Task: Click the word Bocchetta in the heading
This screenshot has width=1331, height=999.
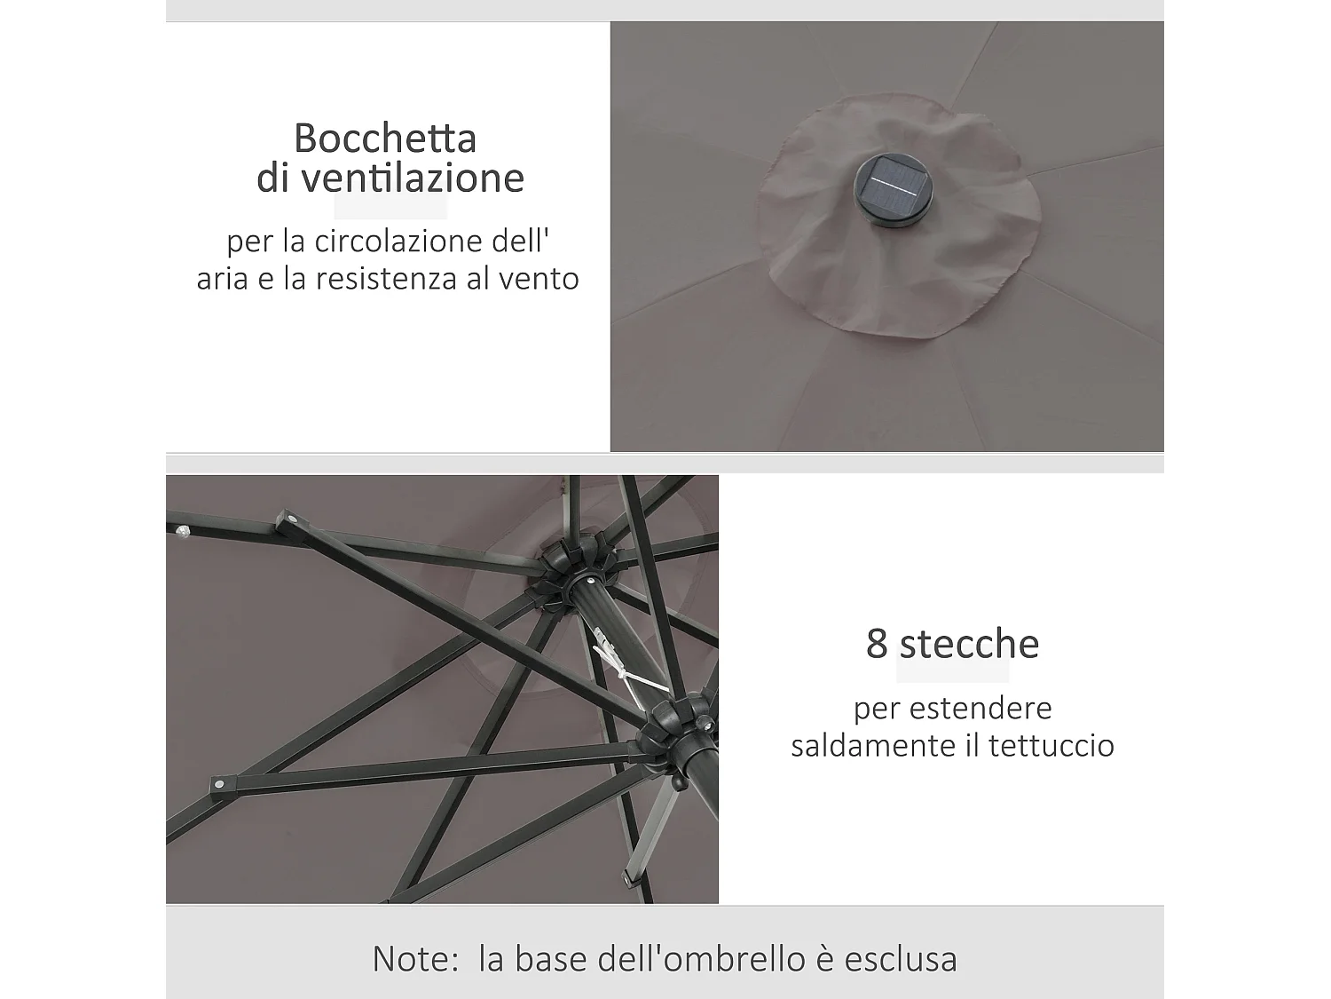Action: click(385, 139)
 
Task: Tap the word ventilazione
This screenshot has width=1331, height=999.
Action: click(413, 178)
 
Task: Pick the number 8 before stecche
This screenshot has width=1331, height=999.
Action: click(876, 644)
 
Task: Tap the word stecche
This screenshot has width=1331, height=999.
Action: click(969, 644)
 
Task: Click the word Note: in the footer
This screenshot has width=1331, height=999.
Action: click(415, 959)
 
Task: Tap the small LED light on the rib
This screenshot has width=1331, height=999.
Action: click(184, 532)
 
